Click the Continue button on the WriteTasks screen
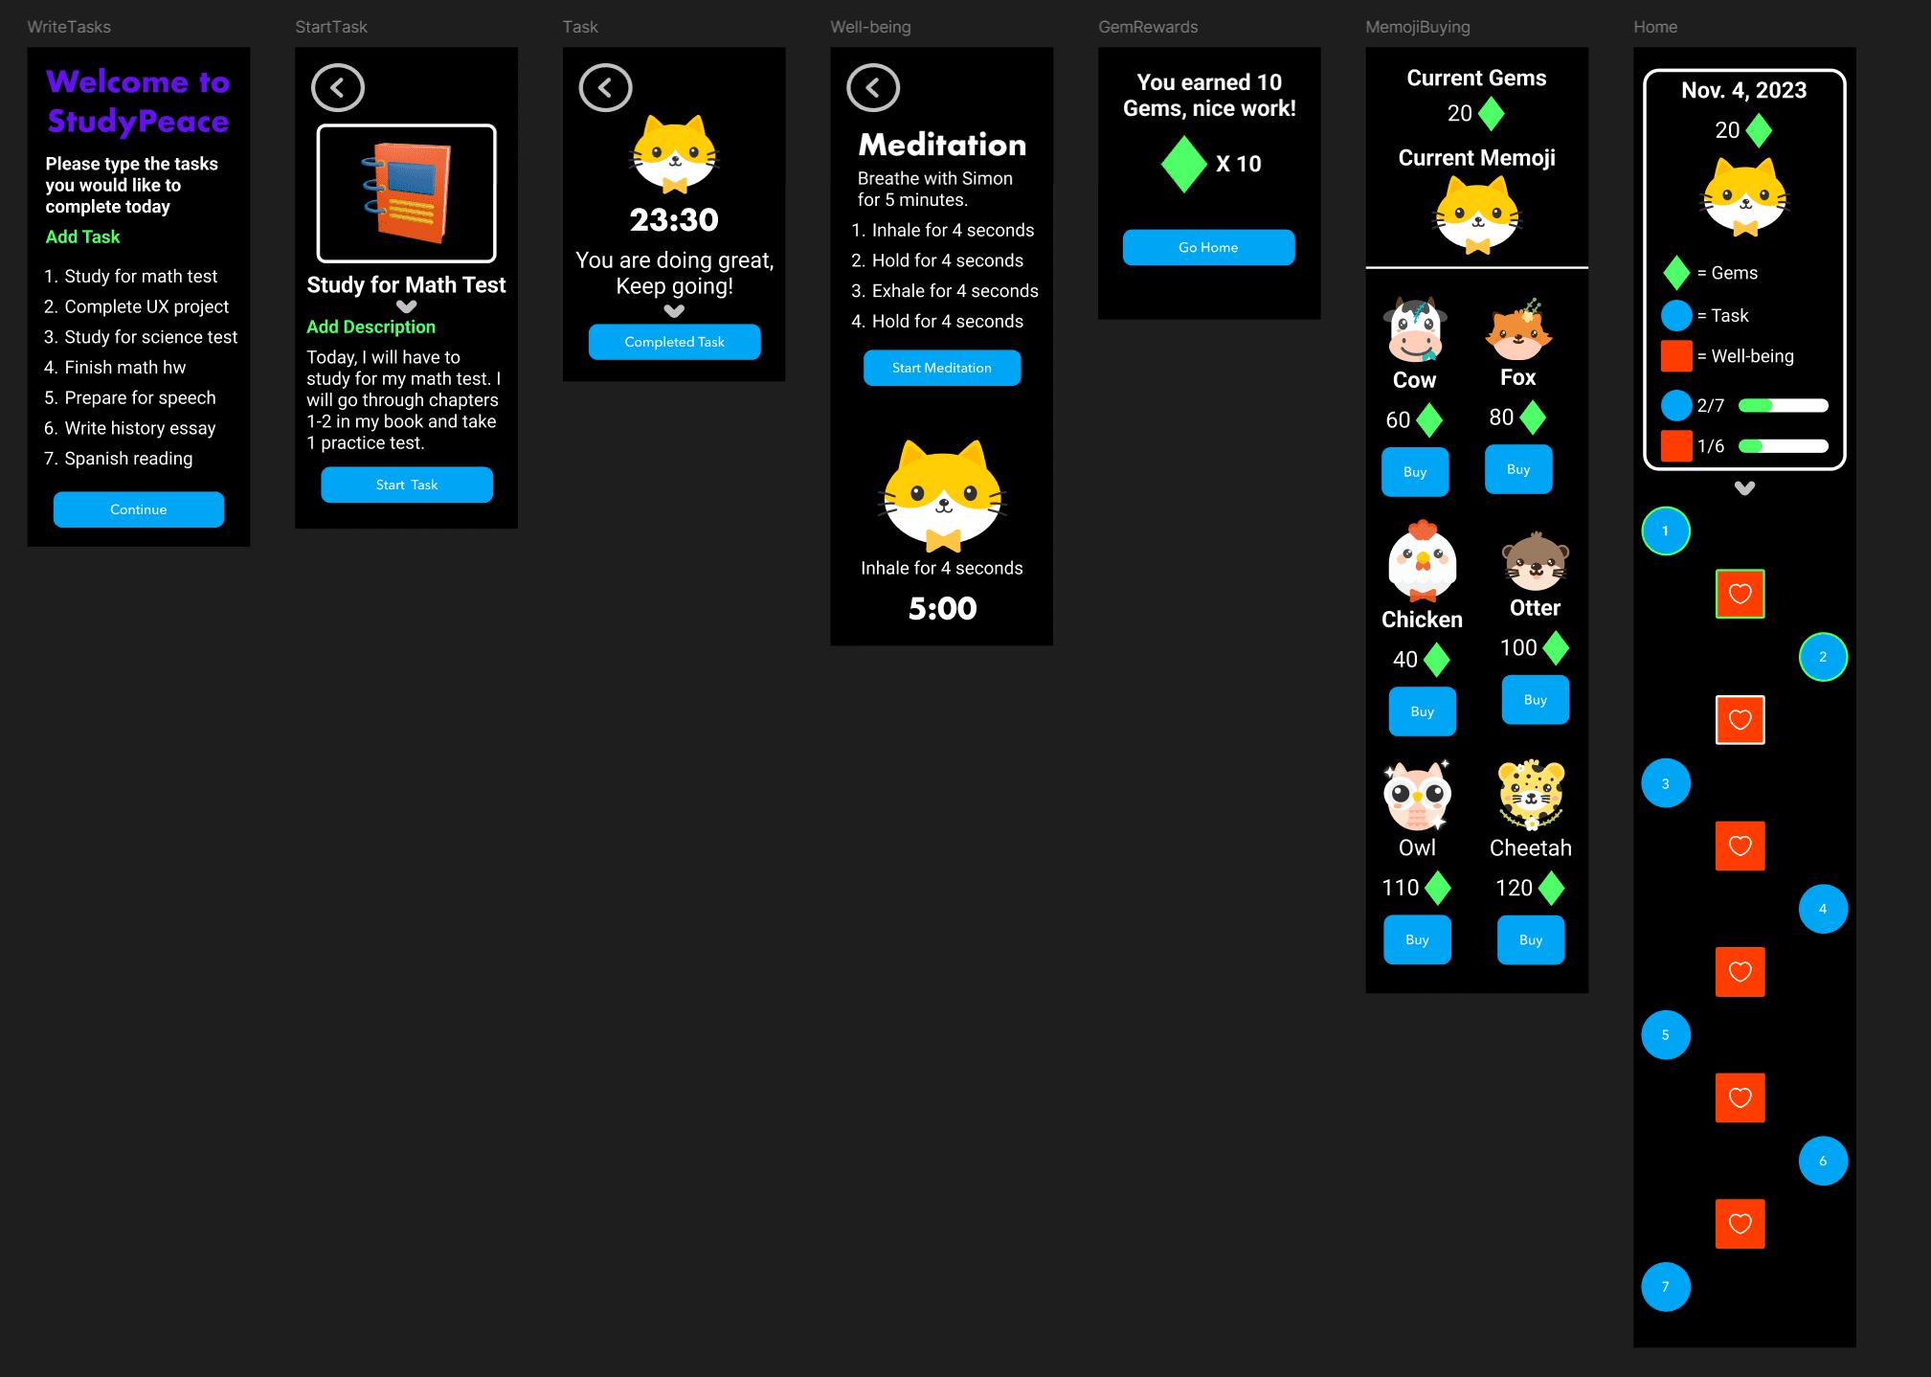click(x=139, y=509)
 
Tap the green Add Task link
click(x=83, y=237)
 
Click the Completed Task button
click(x=674, y=342)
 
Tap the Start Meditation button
click(x=941, y=368)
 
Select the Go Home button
click(x=1208, y=247)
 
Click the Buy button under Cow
click(x=1414, y=472)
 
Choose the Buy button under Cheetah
click(x=1530, y=940)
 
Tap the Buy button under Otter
click(x=1535, y=700)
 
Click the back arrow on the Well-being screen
click(x=873, y=88)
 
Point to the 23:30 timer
click(x=674, y=220)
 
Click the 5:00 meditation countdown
click(x=942, y=608)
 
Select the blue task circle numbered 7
click(x=1665, y=1287)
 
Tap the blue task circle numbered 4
click(x=1822, y=909)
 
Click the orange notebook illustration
click(x=407, y=193)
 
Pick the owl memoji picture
click(x=1417, y=796)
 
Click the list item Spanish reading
click(x=128, y=459)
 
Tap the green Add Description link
click(x=370, y=327)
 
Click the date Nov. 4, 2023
click(x=1743, y=90)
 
